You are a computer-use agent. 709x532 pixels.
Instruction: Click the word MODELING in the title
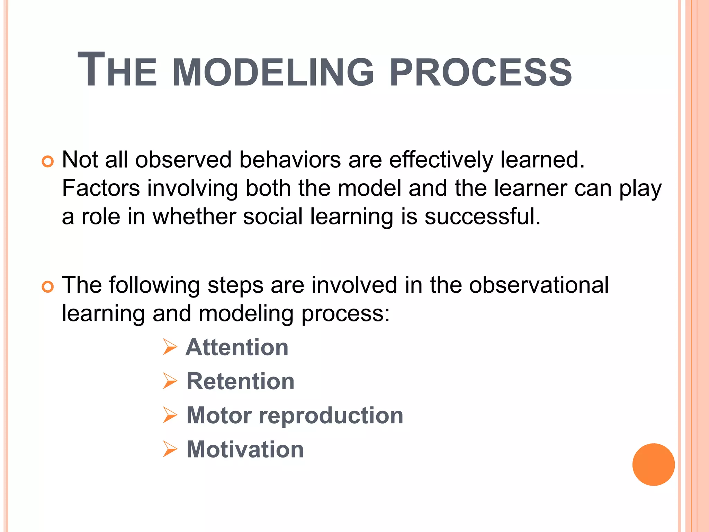coord(273,72)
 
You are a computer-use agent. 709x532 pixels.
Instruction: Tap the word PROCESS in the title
coord(480,72)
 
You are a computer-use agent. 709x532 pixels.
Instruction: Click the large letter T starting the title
coord(91,69)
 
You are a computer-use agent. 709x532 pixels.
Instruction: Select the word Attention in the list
coord(237,347)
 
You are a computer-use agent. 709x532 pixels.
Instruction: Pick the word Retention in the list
coord(240,381)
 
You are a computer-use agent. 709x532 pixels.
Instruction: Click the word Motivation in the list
coord(245,449)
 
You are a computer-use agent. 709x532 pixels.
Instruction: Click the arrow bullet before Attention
coord(170,347)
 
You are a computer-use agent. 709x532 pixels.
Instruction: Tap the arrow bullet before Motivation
coord(170,449)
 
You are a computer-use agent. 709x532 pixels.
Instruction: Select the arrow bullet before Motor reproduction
coord(170,415)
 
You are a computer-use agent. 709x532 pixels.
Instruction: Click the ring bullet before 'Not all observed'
coord(48,161)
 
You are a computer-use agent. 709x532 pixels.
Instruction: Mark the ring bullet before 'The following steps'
coord(48,286)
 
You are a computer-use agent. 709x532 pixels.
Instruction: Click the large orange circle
coord(653,464)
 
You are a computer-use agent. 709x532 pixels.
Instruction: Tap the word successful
coord(482,216)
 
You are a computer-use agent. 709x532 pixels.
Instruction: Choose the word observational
coord(539,285)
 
